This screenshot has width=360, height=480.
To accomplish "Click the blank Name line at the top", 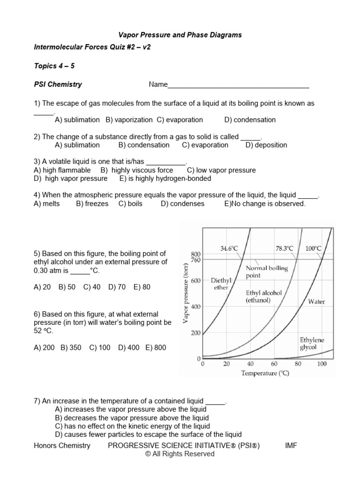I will (238, 85).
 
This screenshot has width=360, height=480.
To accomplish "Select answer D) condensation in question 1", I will (250, 120).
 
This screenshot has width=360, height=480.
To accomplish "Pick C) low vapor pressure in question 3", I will (221, 171).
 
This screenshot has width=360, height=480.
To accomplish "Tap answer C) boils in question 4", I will (130, 204).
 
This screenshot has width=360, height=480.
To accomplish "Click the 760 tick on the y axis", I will (195, 260).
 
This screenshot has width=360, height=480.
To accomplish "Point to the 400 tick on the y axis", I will (195, 307).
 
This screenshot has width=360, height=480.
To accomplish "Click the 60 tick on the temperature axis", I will (274, 364).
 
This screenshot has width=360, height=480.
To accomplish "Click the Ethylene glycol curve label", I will (312, 344).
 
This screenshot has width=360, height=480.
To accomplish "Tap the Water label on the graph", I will (316, 302).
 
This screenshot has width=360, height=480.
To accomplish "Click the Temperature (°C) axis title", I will (265, 373).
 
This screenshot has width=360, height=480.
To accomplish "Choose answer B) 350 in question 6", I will (71, 348).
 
